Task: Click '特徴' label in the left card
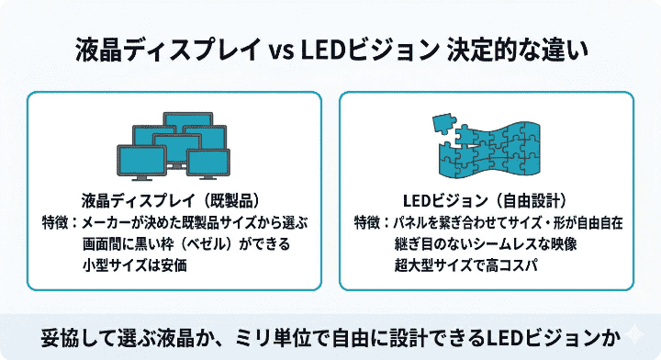57,223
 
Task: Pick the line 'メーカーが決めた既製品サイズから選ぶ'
194,223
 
